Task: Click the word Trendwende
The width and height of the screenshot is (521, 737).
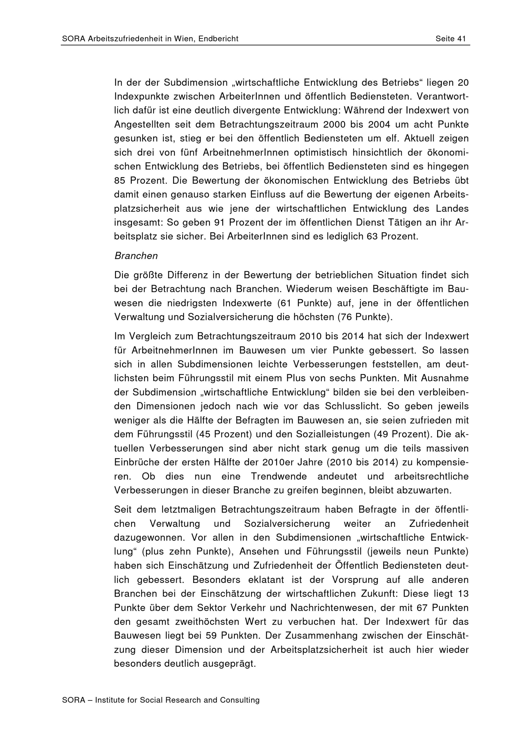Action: click(x=279, y=476)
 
